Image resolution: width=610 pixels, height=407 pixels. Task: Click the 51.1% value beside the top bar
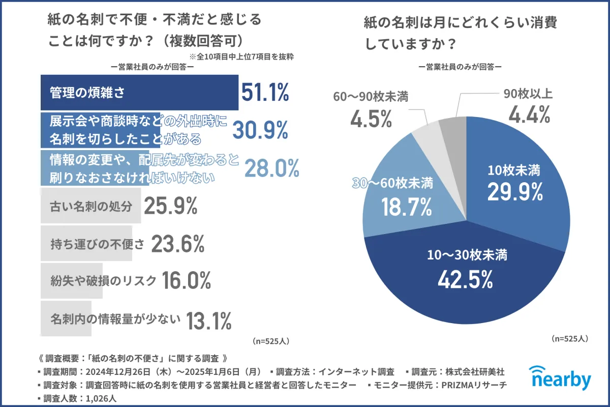point(265,93)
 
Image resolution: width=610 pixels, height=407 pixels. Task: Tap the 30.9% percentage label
point(260,130)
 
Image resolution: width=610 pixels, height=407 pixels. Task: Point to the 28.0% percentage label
point(272,168)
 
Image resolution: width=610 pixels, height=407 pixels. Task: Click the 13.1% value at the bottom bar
point(209,321)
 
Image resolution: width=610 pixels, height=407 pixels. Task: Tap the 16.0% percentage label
point(187,281)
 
